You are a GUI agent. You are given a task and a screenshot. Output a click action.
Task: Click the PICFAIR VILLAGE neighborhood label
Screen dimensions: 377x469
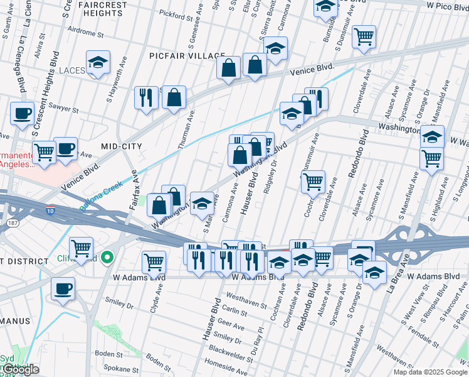[182, 56]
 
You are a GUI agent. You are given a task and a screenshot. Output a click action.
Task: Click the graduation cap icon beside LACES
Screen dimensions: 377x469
[98, 62]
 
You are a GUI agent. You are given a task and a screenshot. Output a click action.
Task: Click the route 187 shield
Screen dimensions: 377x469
[11, 223]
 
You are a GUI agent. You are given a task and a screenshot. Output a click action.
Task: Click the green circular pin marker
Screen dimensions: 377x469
[107, 257]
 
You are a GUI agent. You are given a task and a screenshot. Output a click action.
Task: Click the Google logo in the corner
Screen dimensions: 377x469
[20, 369]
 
